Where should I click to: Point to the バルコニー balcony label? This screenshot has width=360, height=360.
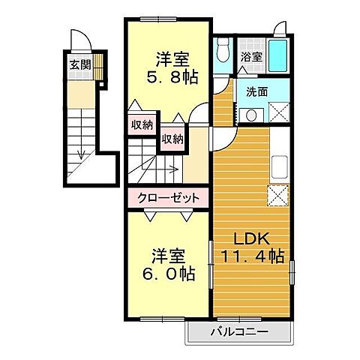pyautogui.click(x=239, y=330)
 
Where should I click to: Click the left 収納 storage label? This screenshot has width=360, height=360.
pyautogui.click(x=140, y=125)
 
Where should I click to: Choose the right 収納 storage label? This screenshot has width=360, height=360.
pyautogui.click(x=172, y=139)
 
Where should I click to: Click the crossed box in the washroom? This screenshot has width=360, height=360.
pyautogui.click(x=279, y=113)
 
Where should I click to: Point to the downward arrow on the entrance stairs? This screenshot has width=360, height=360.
pyautogui.click(x=79, y=154)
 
